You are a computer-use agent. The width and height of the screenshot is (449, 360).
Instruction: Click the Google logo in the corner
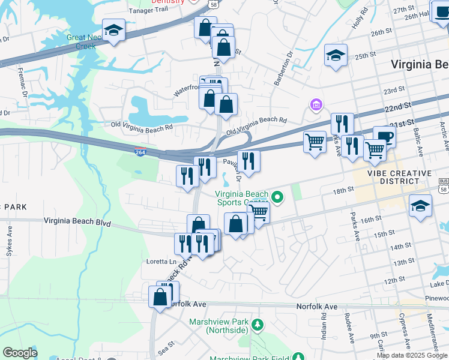[x=20, y=353]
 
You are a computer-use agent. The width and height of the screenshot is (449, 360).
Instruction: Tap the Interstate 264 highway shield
[x=140, y=152]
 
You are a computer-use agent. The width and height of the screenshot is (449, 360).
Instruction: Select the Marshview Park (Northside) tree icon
[x=258, y=325]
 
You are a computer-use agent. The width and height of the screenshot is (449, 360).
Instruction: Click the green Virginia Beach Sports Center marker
[x=277, y=196]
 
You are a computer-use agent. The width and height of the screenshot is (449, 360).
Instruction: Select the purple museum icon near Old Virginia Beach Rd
[x=316, y=106]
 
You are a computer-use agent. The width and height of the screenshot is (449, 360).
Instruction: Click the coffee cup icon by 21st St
[x=384, y=136]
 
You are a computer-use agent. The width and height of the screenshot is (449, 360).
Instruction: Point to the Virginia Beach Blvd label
[x=77, y=221]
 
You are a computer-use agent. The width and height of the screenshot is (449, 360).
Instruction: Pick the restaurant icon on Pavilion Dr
[x=248, y=161]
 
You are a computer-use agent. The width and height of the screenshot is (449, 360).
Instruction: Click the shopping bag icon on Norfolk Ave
[x=160, y=297]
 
